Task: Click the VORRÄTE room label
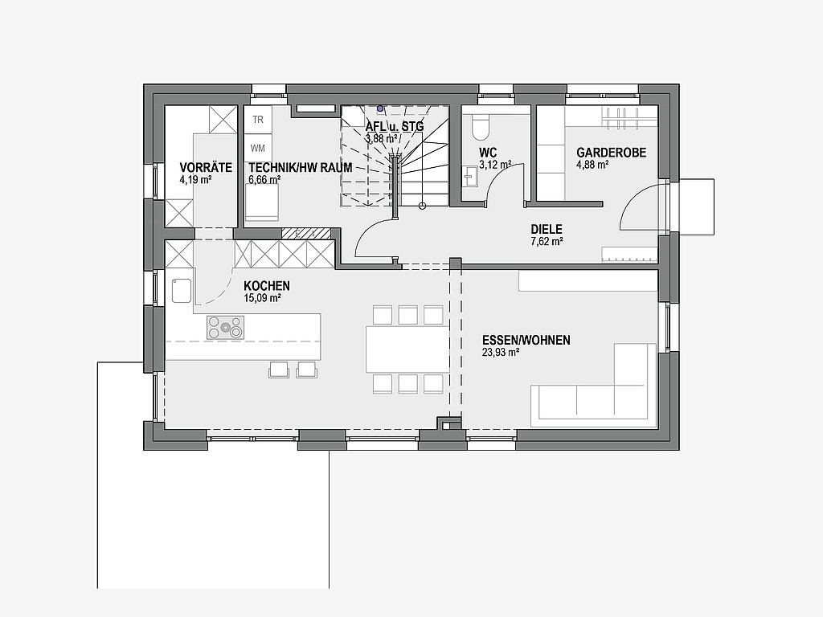click(206, 167)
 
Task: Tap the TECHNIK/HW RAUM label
click(301, 167)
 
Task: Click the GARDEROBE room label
click(612, 153)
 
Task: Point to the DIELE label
click(547, 229)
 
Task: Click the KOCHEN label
click(267, 286)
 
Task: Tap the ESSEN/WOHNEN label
click(526, 341)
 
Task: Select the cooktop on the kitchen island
click(225, 328)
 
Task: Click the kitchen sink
click(181, 291)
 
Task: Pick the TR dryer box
click(258, 120)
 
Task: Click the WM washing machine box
click(258, 148)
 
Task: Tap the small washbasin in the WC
click(469, 177)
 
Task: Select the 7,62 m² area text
click(547, 241)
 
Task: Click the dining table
click(407, 349)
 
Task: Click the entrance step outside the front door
click(697, 207)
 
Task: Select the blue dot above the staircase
click(380, 108)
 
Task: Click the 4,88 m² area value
click(592, 165)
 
